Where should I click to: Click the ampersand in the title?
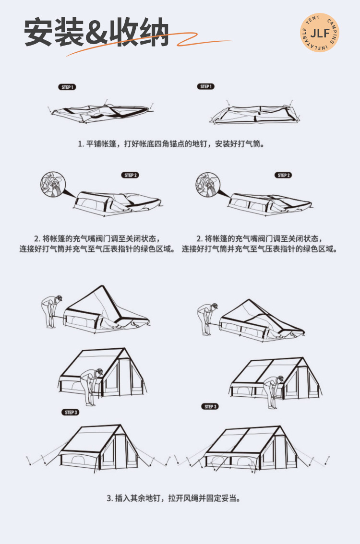click(96, 33)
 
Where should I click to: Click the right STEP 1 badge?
click(205, 86)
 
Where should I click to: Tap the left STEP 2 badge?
click(130, 176)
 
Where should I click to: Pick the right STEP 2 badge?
click(284, 176)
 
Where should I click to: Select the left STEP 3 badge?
click(71, 413)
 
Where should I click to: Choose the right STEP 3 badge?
click(209, 407)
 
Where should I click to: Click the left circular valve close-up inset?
click(51, 184)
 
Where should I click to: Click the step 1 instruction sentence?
click(171, 143)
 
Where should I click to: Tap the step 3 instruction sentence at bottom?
click(173, 498)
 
